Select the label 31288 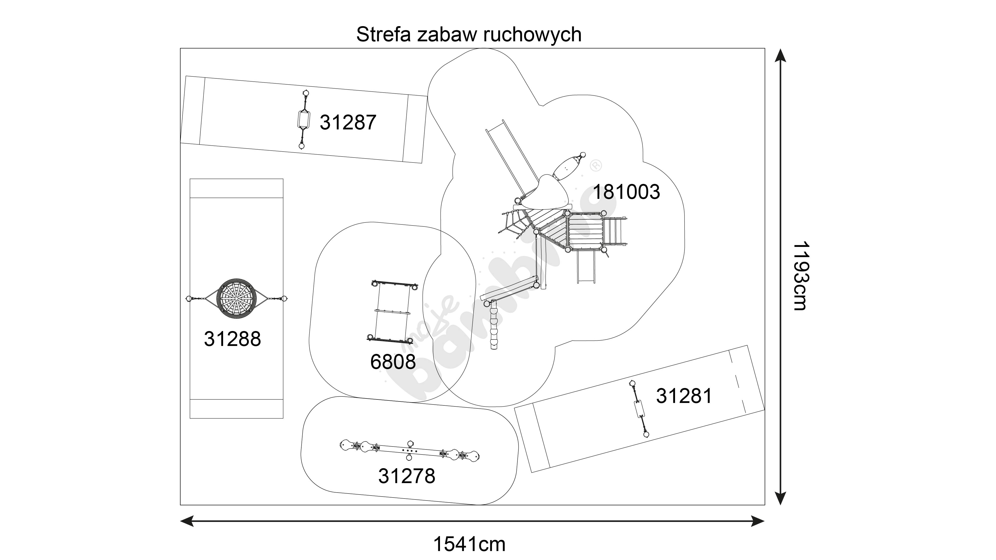pos(232,339)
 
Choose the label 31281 pos(684,396)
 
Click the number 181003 pos(626,192)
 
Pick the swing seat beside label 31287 pos(304,119)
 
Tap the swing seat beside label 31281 pos(638,409)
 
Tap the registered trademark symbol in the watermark pos(595,166)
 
